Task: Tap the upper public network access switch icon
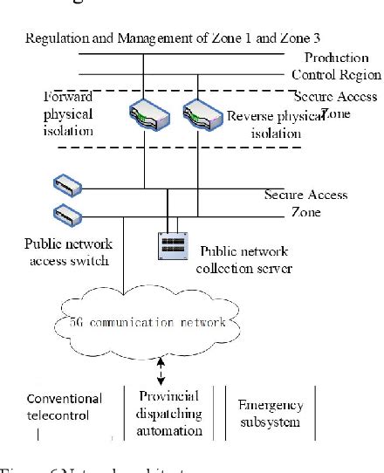67,184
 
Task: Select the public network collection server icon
172,244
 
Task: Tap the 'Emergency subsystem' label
270,412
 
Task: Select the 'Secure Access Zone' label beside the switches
305,202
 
